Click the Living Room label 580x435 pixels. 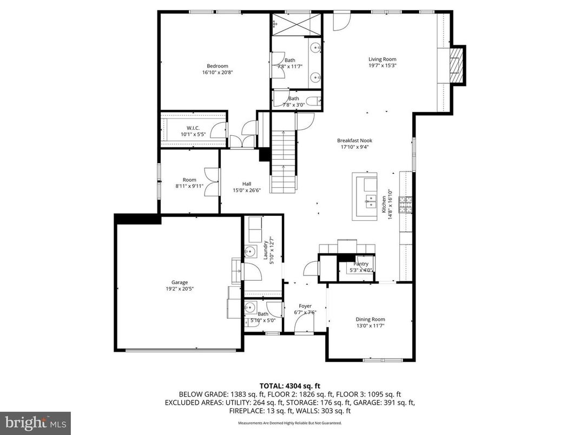[x=383, y=60]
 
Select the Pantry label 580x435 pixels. [x=361, y=264]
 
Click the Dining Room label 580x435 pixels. [x=370, y=319]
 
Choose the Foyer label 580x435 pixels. [x=305, y=306]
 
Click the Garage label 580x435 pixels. [x=180, y=282]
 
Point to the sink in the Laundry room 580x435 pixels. [x=250, y=252]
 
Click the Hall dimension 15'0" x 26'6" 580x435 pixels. [x=247, y=190]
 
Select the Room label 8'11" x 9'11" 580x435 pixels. [x=189, y=180]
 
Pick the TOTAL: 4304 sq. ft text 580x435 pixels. [x=289, y=386]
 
